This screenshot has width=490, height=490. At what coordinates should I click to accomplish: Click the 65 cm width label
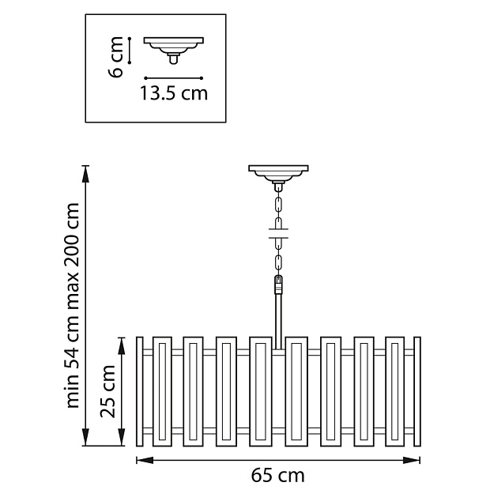coord(277,475)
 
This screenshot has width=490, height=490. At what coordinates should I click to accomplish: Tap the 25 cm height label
coord(108,391)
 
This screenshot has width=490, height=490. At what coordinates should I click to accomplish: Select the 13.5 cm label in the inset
coord(174,94)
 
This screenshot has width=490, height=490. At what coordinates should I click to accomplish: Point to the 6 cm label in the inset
coord(115,57)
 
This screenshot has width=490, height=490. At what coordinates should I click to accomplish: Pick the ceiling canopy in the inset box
coord(173,43)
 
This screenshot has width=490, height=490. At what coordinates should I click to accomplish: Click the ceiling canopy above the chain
coord(277,172)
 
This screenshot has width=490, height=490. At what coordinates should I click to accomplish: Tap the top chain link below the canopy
coord(277,202)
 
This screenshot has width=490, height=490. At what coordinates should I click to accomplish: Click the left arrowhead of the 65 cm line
coord(139,459)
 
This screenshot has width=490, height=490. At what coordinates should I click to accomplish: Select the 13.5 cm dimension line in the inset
coord(173,77)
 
